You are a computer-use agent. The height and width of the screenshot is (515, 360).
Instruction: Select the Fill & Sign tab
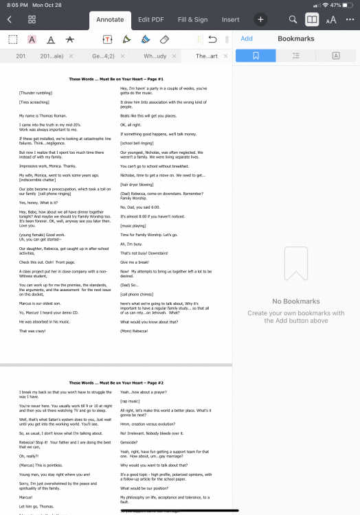(192, 20)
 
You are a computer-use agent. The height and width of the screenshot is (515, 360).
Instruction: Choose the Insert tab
(231, 20)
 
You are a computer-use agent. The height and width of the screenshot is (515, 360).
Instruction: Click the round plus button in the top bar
(261, 20)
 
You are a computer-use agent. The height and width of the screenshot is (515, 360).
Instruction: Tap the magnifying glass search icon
(293, 20)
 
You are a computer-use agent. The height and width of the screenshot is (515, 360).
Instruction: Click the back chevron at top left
(10, 20)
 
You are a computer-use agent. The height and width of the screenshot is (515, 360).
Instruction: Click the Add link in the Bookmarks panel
(247, 39)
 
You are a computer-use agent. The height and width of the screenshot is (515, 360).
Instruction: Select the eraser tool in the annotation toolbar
(164, 40)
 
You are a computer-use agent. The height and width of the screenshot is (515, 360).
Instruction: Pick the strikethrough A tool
(69, 40)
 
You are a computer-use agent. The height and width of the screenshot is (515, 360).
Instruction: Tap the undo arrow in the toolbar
(212, 40)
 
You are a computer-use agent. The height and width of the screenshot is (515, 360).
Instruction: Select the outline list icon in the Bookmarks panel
(296, 56)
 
